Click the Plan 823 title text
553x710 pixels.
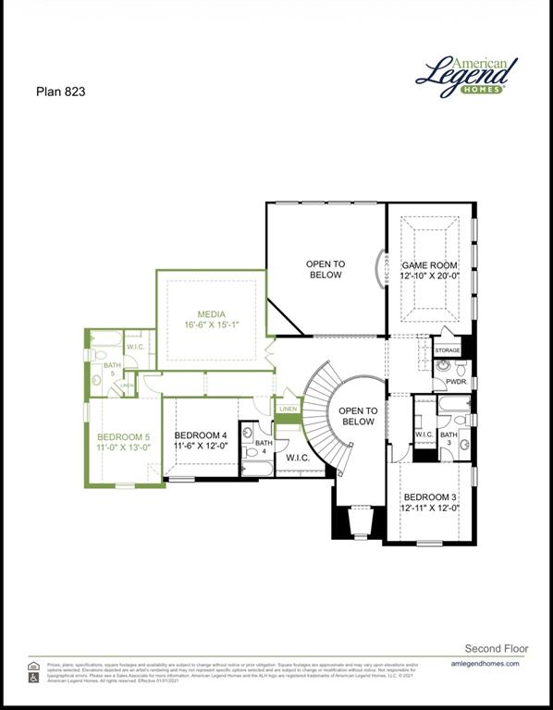[x=62, y=91]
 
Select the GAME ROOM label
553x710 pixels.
[x=430, y=264]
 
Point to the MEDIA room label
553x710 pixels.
[x=211, y=314]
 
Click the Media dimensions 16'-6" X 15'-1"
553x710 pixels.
[x=211, y=325]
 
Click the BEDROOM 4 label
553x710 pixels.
[x=201, y=435]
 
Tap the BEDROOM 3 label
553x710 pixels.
[x=430, y=496]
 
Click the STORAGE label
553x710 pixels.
[x=448, y=351]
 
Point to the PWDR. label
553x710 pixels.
[x=456, y=381]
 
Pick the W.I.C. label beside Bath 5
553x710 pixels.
[x=135, y=347]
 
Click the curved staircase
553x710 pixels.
[x=324, y=407]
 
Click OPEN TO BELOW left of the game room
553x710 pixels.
[x=325, y=269]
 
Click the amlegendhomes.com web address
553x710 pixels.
[x=485, y=664]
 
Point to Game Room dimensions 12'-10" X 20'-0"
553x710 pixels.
[x=430, y=276]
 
